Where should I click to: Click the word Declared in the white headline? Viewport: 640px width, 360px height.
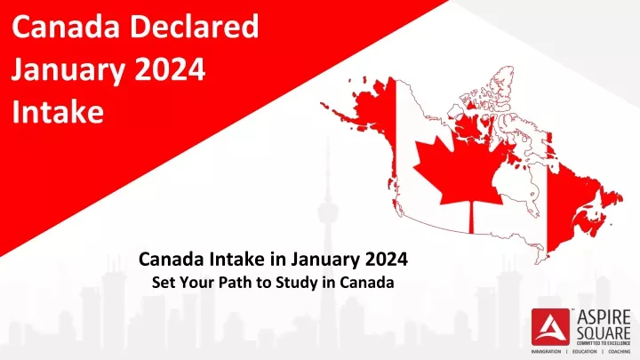point(195,27)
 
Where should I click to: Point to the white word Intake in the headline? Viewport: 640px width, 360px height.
point(58,111)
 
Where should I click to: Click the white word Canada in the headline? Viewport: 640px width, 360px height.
point(66,27)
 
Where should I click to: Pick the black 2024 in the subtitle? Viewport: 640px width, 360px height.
point(386,259)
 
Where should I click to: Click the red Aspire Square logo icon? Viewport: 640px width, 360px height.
point(550,327)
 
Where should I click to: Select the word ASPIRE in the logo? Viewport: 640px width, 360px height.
point(604,317)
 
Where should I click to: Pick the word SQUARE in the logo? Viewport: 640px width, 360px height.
point(604,332)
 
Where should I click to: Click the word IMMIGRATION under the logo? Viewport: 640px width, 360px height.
point(546,351)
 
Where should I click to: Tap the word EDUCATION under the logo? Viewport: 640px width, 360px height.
point(585,351)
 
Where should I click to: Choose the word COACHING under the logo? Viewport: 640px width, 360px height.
point(620,351)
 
